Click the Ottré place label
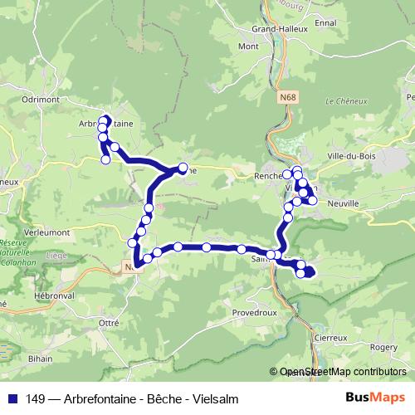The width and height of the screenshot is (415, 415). [110, 321]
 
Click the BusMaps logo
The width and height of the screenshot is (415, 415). [380, 398]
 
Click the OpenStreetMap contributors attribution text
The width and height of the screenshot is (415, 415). [343, 372]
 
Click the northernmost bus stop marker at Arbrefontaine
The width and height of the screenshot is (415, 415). [106, 119]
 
